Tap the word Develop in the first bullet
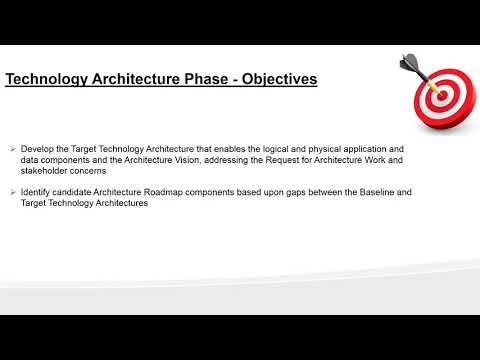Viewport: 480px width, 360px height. [x=37, y=148]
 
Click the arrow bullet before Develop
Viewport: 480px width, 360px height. [x=10, y=148]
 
